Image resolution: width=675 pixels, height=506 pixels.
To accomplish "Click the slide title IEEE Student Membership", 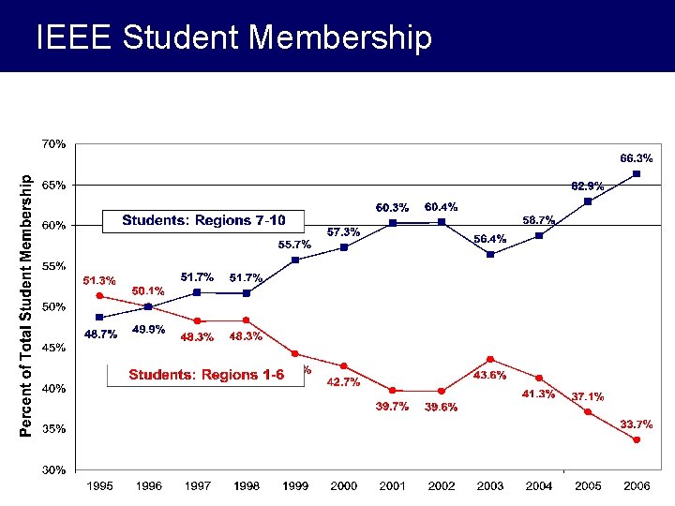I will point(233,37).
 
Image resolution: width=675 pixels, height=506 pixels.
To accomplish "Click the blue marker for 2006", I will point(637,173).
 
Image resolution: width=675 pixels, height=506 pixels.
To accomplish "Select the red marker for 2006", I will point(637,439).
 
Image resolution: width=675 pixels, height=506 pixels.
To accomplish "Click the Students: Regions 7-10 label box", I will point(202,221).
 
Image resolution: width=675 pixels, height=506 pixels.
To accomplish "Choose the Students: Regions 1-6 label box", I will point(206,375).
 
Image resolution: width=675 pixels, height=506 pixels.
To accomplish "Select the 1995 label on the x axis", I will point(100,486).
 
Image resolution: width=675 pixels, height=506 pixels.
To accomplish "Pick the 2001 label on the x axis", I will point(393,486).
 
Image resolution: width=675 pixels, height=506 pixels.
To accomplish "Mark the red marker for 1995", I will point(100,296).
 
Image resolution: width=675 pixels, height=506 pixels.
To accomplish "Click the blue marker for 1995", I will point(100,317).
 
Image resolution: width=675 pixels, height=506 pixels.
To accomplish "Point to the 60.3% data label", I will point(392,207).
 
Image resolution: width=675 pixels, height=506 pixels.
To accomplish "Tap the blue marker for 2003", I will point(490,254).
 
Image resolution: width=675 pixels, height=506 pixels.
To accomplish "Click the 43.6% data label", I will point(490,375).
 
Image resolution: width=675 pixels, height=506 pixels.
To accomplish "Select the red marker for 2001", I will point(393,391).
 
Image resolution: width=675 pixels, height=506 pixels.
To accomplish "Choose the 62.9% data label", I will point(588,186).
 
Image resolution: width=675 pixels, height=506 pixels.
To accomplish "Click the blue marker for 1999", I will point(295,260).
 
